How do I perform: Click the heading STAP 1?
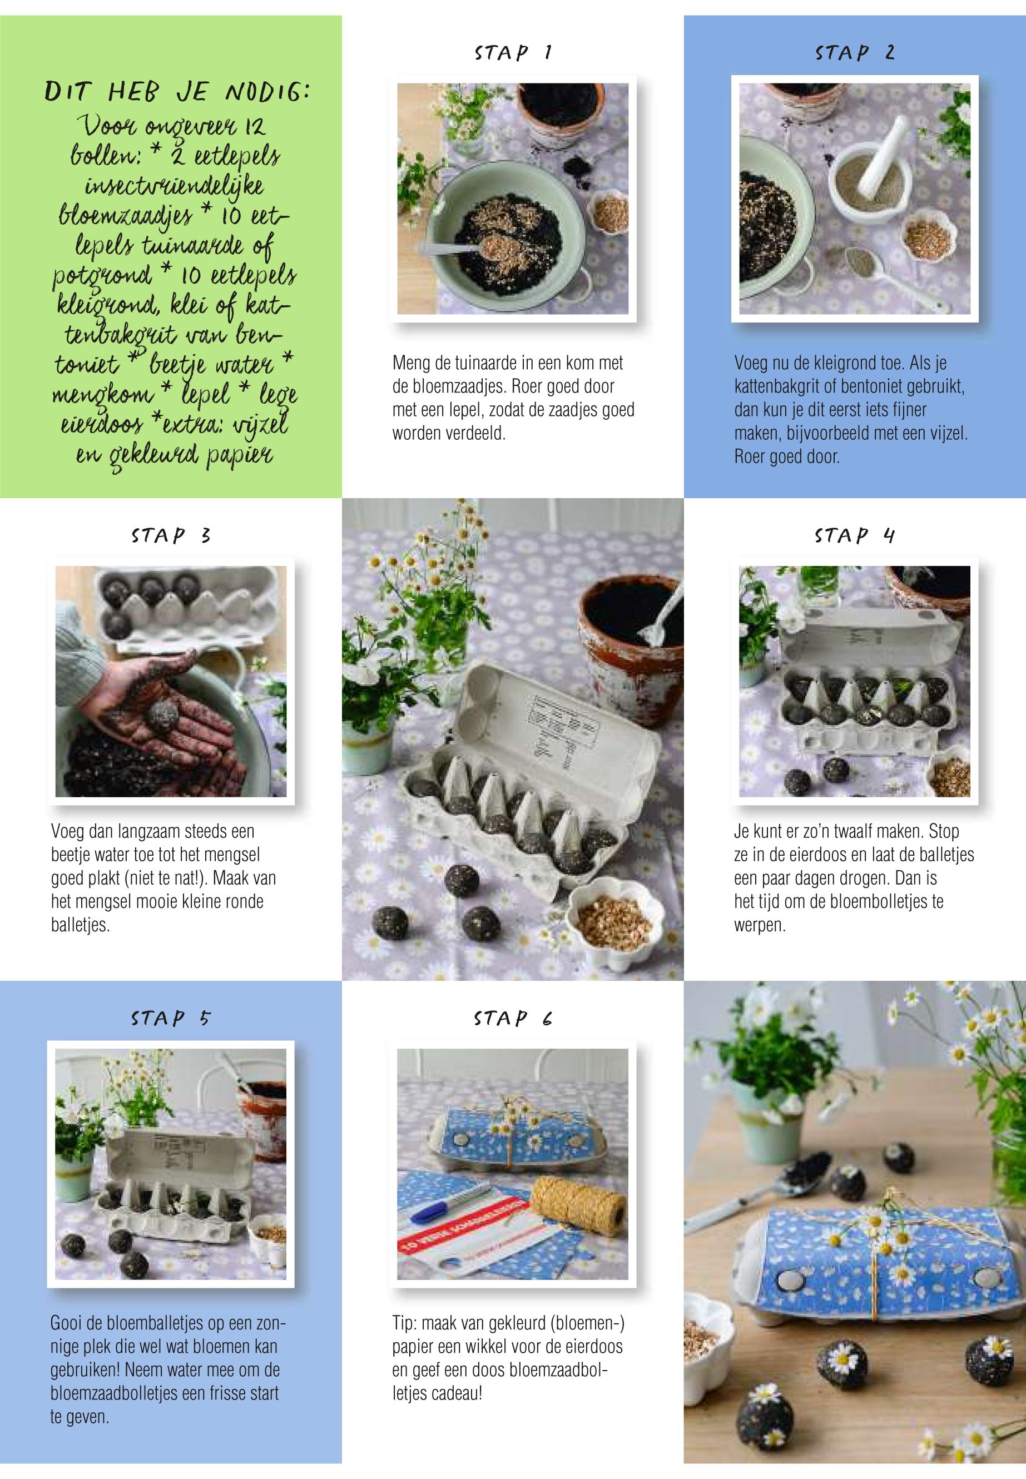512,53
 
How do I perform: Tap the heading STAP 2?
854,53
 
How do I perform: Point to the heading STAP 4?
854,535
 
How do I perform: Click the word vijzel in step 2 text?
947,433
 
